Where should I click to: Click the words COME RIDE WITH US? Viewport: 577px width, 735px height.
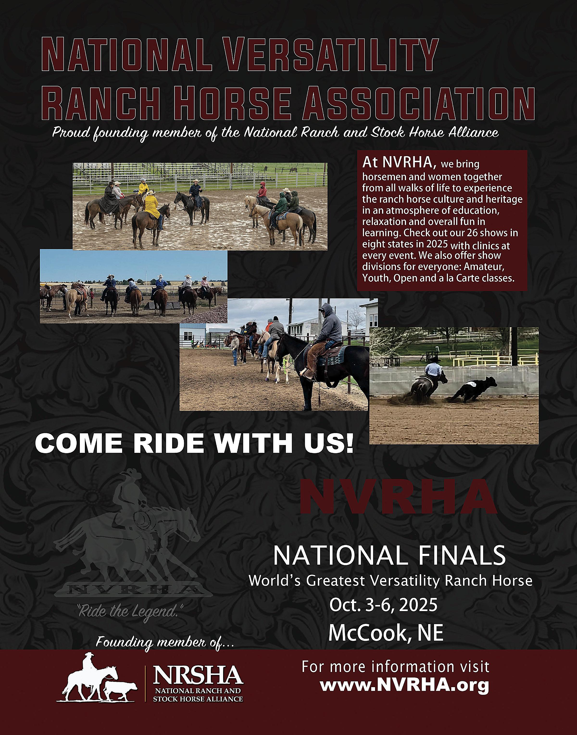194,443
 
